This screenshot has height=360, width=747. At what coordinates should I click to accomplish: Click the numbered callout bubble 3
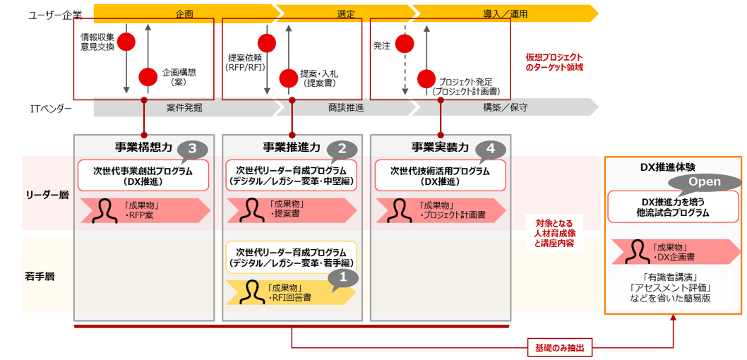point(193,149)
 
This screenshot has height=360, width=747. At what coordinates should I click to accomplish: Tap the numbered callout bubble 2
point(342,149)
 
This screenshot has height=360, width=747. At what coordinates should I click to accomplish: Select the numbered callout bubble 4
point(491,149)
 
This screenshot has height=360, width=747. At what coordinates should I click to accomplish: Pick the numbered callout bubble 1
point(343,277)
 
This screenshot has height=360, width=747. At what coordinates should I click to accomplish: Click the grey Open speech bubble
point(705,182)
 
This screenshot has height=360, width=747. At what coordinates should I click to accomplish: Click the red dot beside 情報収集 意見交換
point(126,42)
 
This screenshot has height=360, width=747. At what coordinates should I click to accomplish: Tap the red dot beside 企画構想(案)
point(148,76)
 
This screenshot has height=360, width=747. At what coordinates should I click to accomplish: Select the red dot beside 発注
point(405,43)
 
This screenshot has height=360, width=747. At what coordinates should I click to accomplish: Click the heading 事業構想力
point(143,148)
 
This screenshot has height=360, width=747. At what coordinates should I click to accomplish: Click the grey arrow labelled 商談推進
point(346,107)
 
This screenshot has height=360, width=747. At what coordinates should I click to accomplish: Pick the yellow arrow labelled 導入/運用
point(505,13)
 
